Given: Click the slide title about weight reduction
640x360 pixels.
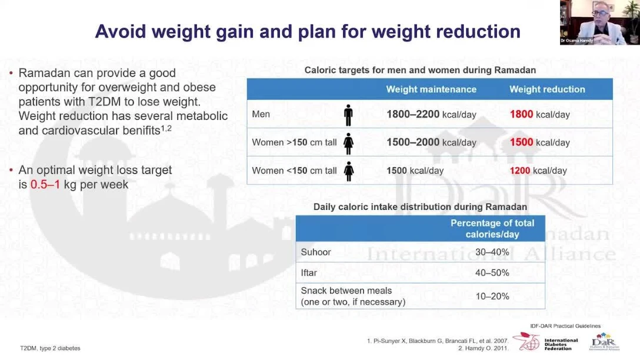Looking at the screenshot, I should (308, 31).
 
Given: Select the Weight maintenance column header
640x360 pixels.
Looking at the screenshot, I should (431, 89).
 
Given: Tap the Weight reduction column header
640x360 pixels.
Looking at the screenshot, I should (547, 89).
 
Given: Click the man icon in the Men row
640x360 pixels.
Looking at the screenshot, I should (348, 115).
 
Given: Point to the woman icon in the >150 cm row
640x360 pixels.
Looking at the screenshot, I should (348, 143).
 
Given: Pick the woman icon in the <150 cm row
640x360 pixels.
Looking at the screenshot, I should (348, 171).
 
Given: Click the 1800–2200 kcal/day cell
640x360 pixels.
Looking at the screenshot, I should (431, 115).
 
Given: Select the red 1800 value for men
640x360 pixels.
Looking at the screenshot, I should (521, 115).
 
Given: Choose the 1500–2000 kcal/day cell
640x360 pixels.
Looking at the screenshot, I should (431, 142).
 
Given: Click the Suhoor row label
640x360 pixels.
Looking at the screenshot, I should (316, 252).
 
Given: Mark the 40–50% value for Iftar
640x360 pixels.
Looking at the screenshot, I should (492, 273).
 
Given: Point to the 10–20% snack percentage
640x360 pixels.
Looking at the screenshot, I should (492, 296).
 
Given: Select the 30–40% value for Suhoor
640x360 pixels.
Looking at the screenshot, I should (492, 252).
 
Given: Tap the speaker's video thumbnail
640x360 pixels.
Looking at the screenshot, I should (599, 22).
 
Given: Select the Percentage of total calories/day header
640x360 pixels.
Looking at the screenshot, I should (492, 229).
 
